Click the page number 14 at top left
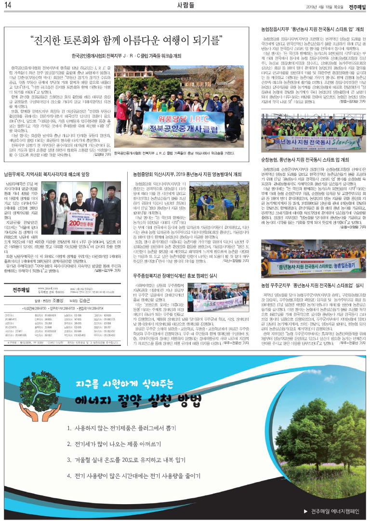pyautogui.click(x=9, y=6)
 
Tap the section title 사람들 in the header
pyautogui.click(x=185, y=6)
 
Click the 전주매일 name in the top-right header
pyautogui.click(x=357, y=6)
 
